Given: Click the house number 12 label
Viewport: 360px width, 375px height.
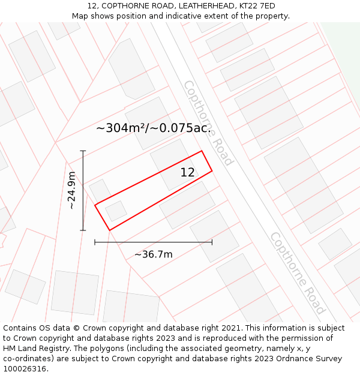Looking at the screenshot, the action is click(188, 173).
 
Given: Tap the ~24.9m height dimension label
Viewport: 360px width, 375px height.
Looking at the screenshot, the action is click(71, 191).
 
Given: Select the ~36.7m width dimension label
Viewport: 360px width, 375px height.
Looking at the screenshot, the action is click(153, 254).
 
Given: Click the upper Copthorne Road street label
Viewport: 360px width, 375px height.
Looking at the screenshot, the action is click(208, 122).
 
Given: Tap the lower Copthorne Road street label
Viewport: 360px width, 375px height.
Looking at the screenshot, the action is click(297, 272).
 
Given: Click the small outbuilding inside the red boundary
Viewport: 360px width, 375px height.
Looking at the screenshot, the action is click(116, 211).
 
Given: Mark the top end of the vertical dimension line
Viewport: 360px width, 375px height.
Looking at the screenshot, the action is click(83, 151).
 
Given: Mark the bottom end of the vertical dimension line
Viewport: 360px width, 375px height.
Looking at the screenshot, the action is click(83, 230).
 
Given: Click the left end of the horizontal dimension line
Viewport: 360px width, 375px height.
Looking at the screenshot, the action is click(95, 242).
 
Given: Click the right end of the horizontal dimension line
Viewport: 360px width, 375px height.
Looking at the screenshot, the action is click(212, 242).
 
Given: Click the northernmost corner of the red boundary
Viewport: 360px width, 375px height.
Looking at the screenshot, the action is click(201, 151).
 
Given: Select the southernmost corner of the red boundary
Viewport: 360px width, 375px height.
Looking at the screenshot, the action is click(109, 230).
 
